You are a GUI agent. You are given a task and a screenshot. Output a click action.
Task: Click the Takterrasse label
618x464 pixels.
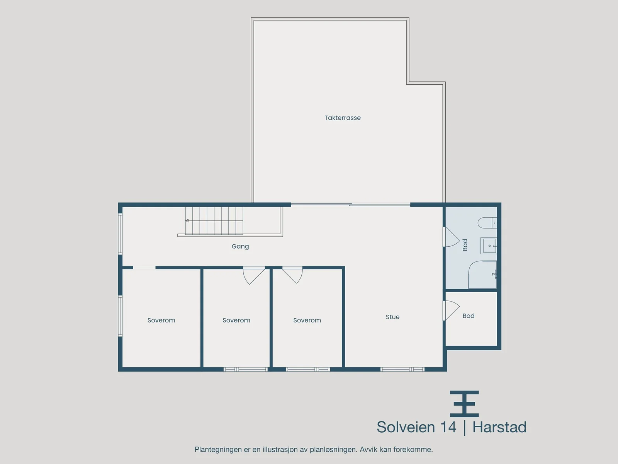(x=342, y=118)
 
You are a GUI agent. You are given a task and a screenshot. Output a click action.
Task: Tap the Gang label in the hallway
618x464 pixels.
(x=240, y=247)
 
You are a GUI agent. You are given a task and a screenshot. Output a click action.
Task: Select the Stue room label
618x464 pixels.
(x=392, y=317)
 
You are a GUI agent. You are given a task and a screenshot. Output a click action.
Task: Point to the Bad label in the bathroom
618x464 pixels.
(x=465, y=245)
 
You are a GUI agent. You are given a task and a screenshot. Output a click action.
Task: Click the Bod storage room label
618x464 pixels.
(x=469, y=316)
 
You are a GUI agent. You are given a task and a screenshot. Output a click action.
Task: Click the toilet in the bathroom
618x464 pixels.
(x=487, y=223)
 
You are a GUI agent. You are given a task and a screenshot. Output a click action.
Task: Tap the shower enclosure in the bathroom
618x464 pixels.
(x=482, y=275)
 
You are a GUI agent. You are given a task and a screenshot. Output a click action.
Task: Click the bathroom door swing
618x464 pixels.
(x=451, y=237)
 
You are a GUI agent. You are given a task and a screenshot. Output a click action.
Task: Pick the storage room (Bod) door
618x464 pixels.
(x=451, y=310)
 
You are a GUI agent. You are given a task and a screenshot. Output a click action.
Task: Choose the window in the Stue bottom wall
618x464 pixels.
(x=402, y=369)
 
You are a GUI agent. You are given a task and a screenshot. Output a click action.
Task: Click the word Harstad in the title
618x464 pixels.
(x=499, y=427)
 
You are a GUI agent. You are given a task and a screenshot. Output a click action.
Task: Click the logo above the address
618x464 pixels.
(x=464, y=404)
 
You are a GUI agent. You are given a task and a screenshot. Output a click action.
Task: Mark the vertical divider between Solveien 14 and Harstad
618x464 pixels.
(x=464, y=428)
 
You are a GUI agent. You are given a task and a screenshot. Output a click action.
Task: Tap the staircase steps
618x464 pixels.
(x=214, y=220)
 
